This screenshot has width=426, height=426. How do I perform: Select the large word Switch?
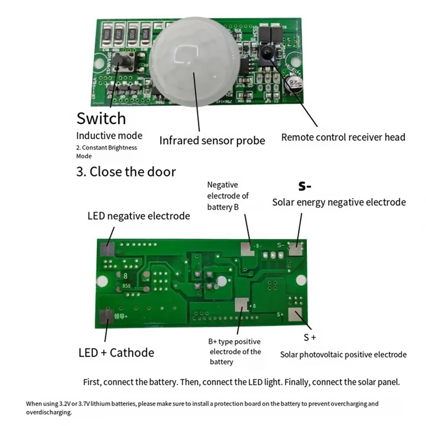(x=101, y=118)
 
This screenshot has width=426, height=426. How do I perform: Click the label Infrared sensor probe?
(x=212, y=141)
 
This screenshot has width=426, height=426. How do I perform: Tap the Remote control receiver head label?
(x=343, y=137)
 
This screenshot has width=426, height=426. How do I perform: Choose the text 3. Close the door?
(x=126, y=172)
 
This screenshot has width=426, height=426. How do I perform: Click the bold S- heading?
(x=305, y=186)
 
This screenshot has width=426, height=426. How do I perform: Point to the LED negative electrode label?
(x=138, y=216)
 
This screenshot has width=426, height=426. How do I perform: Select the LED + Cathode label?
(x=116, y=353)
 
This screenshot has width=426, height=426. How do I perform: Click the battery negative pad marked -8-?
(x=247, y=247)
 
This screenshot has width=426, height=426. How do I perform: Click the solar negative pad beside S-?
(x=294, y=247)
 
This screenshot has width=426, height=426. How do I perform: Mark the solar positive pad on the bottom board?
(x=294, y=315)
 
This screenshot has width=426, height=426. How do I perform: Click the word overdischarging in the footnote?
(x=48, y=413)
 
